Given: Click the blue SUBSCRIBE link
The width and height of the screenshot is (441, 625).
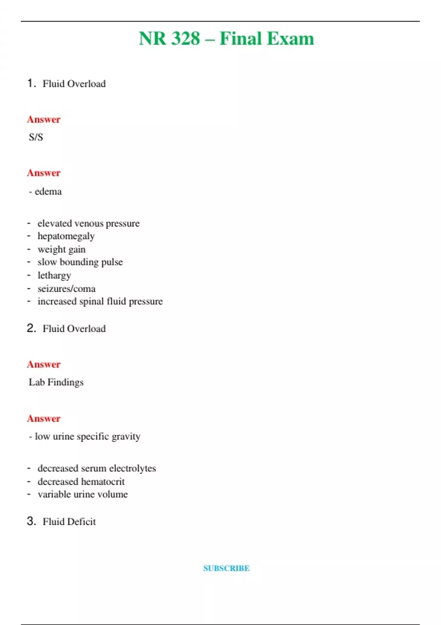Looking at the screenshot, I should point(226,568).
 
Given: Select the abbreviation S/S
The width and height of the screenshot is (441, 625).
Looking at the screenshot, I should point(36,137).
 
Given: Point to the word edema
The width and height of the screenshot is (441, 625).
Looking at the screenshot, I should point(48,192).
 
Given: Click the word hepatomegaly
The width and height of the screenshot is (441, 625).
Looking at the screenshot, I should point(66,236).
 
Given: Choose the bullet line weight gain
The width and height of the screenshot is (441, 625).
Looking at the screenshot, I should point(61,249).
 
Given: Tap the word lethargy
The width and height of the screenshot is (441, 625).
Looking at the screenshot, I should point(54,275).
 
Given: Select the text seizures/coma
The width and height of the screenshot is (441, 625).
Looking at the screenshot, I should point(67,289).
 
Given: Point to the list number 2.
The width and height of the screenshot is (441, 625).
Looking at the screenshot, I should point(31,328).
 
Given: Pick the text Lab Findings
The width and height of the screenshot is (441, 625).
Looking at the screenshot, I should point(56,382).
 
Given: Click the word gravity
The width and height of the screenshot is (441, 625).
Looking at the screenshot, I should point(126,436).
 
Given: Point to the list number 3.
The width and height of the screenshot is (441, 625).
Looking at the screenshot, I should point(31,521).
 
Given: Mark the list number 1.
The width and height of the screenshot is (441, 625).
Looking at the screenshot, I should point(31,83).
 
